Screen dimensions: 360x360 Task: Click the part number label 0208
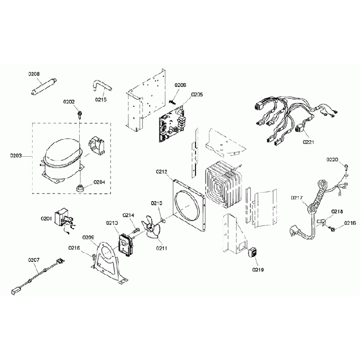click(x=34, y=74)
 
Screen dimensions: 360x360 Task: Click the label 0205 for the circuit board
click(x=197, y=95)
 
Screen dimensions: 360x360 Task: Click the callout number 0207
click(x=34, y=260)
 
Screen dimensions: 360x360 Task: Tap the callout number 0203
click(x=17, y=156)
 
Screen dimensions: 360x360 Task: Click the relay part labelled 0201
click(x=61, y=217)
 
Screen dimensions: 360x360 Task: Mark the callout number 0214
click(x=128, y=215)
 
